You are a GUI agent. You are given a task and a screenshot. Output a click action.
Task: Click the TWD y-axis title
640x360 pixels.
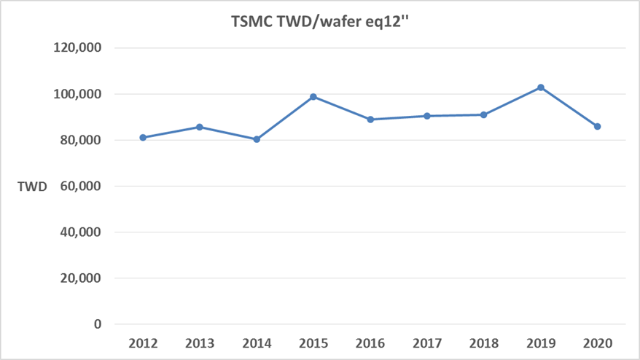[x=32, y=187]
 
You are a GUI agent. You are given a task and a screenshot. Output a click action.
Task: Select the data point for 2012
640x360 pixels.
[x=143, y=137]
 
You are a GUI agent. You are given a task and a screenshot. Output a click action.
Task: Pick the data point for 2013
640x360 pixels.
[x=200, y=127]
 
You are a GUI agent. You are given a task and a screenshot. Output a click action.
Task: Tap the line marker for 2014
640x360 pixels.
[x=257, y=139]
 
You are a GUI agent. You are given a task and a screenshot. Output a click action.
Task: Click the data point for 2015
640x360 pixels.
[x=313, y=96]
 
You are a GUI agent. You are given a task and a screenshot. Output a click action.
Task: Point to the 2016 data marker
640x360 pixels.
[x=370, y=120]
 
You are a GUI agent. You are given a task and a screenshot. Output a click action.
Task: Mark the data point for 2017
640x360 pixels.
[x=426, y=116]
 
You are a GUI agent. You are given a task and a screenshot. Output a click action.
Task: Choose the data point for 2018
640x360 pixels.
[x=483, y=114]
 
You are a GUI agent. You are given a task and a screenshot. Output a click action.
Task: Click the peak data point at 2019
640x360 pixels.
[x=540, y=87]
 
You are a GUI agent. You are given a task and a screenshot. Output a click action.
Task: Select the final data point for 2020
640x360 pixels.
[x=597, y=126]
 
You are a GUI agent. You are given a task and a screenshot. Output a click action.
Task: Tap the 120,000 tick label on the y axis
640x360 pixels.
[x=78, y=48]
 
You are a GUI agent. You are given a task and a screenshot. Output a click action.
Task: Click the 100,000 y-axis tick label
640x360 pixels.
[x=78, y=94]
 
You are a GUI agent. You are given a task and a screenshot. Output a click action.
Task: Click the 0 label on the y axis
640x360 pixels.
[x=97, y=324]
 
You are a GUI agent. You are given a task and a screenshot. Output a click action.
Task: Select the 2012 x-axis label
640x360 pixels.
[x=143, y=343]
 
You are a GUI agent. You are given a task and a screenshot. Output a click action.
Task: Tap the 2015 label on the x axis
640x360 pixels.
[x=313, y=343]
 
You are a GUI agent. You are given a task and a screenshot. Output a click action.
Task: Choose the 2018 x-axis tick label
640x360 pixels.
[x=483, y=343]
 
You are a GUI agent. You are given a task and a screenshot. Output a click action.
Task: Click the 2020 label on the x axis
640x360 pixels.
[x=597, y=343]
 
